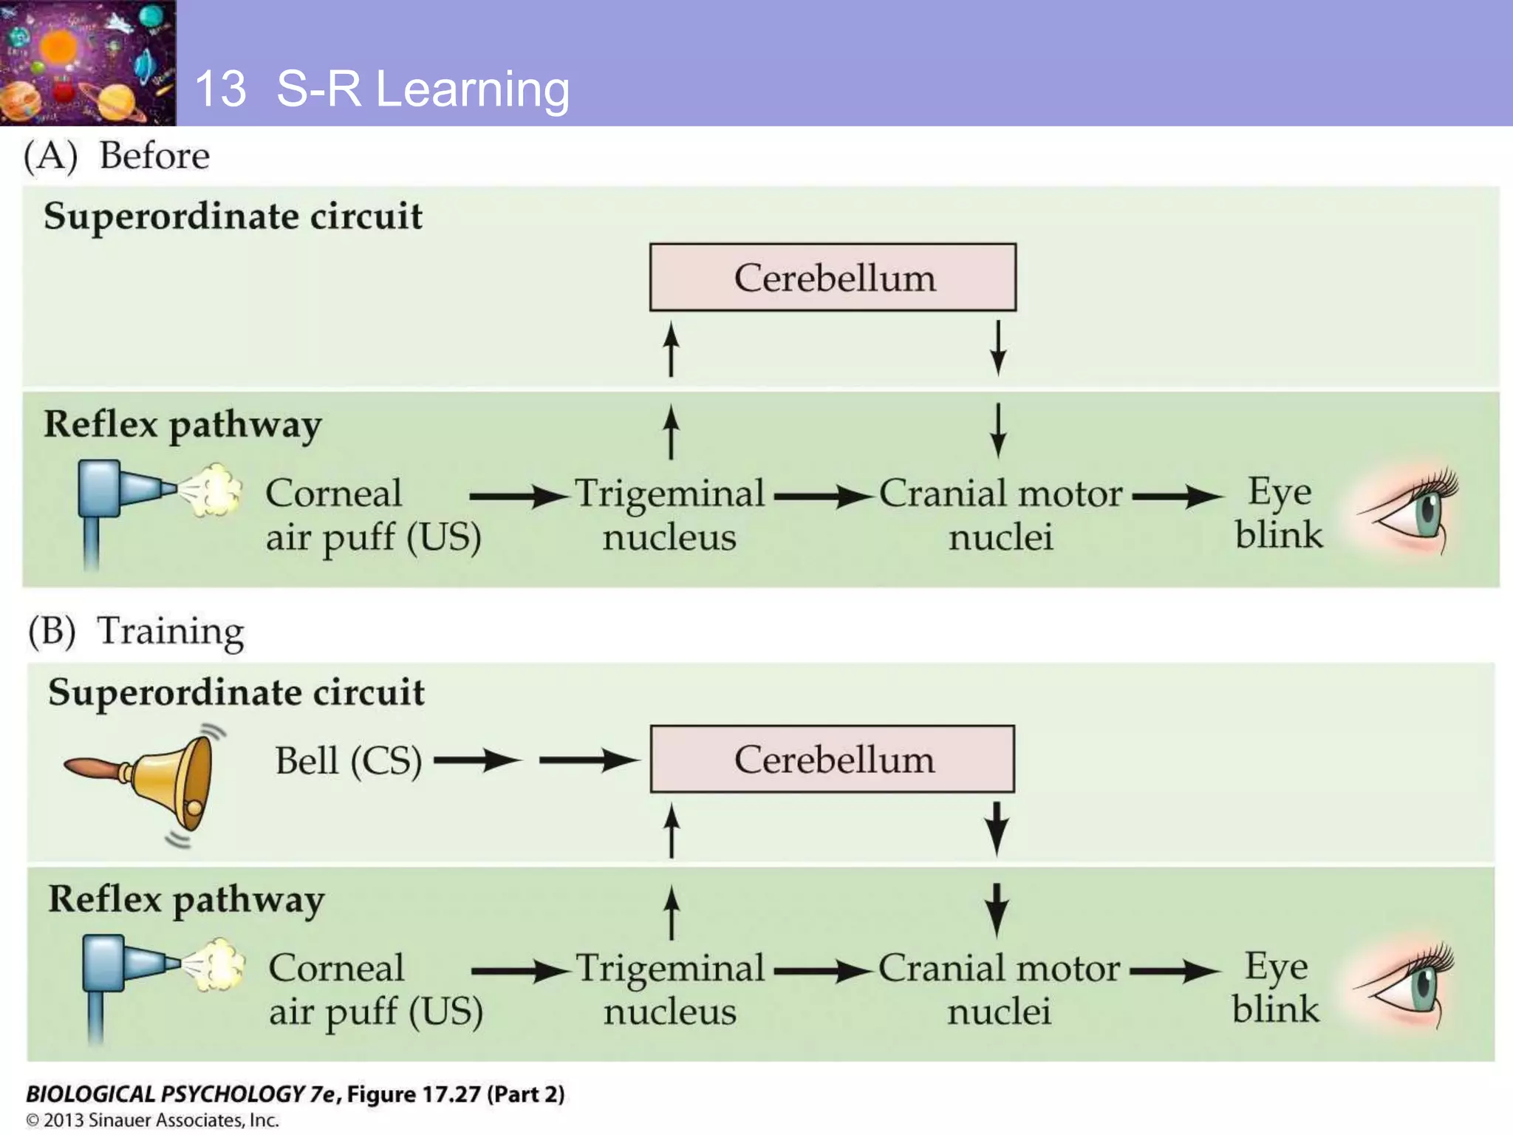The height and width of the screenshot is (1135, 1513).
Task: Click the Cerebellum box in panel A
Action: click(x=833, y=277)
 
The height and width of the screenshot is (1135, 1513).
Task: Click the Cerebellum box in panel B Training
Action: click(x=833, y=759)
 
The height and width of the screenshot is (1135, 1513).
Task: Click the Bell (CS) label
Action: click(x=348, y=760)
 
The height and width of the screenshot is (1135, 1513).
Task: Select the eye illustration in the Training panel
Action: click(x=1404, y=987)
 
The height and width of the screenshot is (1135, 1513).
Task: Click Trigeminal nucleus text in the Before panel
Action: click(x=669, y=514)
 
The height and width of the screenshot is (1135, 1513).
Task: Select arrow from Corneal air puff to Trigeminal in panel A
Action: click(x=517, y=497)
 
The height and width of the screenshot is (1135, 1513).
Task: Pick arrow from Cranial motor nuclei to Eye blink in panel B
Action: click(x=1175, y=971)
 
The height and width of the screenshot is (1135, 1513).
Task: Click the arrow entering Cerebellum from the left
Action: click(x=589, y=760)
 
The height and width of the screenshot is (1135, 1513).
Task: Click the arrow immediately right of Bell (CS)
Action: click(x=477, y=760)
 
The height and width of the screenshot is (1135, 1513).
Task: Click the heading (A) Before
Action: click(x=117, y=156)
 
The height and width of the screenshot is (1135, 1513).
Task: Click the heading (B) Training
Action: click(x=136, y=632)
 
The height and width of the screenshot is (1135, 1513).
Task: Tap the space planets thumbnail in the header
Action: click(x=87, y=62)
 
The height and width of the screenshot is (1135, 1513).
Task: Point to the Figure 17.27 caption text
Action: click(x=296, y=1094)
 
